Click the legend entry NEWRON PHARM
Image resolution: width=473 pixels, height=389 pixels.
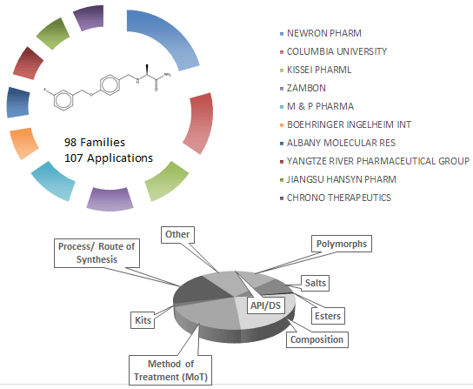click(324, 32)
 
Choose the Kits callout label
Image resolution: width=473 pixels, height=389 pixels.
click(143, 320)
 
